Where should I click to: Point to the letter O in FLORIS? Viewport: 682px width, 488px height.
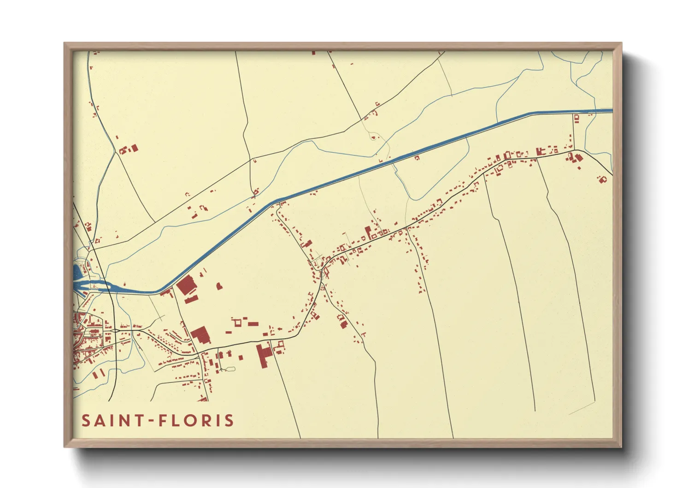click(x=189, y=421)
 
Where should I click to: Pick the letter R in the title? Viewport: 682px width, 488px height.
click(x=206, y=421)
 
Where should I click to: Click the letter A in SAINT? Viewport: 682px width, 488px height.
click(x=100, y=421)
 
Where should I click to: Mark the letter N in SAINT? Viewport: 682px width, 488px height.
click(x=123, y=421)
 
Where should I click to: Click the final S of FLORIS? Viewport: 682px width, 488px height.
click(x=228, y=421)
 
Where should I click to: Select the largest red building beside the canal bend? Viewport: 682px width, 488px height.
click(x=186, y=285)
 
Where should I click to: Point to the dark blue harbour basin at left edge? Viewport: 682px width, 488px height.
click(x=77, y=272)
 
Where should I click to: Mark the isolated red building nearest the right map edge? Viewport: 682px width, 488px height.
click(x=602, y=179)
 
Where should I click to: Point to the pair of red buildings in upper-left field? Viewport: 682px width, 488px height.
click(x=129, y=149)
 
